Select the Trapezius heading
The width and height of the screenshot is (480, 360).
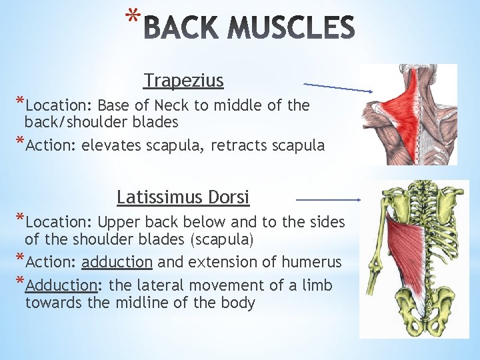pos(183,81)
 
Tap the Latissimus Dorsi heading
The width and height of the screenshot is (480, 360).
pos(183,198)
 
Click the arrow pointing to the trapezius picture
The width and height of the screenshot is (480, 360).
pos(339,87)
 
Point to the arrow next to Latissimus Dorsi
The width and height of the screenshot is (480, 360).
pos(328,199)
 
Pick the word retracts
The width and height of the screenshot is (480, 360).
pos(236,146)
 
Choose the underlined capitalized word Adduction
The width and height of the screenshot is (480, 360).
pos(62,285)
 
